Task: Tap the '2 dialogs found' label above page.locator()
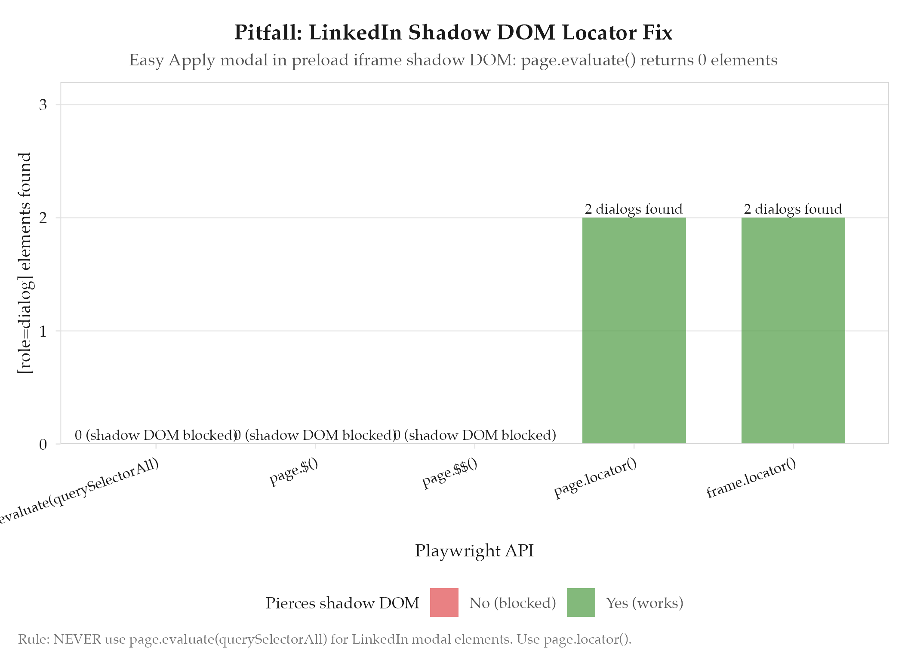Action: click(x=634, y=209)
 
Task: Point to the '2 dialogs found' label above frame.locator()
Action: click(x=793, y=209)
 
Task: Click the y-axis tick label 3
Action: click(x=43, y=105)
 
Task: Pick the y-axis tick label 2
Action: click(x=43, y=218)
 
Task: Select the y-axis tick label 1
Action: click(x=43, y=331)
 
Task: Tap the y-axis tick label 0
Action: click(x=43, y=444)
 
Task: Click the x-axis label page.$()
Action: click(x=294, y=473)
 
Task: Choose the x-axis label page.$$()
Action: click(x=450, y=474)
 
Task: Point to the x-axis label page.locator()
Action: click(x=595, y=478)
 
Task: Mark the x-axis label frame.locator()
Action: click(x=751, y=478)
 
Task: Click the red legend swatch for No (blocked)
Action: click(x=444, y=602)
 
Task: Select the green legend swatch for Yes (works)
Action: click(x=581, y=602)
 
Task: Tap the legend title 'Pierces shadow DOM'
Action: click(x=342, y=603)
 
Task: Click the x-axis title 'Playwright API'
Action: click(x=474, y=551)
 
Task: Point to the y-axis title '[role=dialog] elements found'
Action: click(x=25, y=263)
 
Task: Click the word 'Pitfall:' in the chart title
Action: click(x=268, y=33)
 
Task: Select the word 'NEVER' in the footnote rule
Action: click(x=77, y=639)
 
